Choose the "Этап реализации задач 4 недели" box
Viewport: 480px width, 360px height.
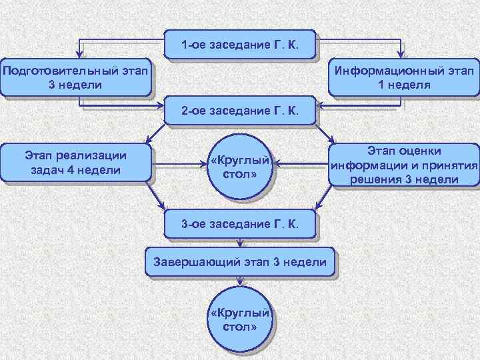(75, 163)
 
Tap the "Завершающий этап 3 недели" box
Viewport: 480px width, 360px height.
(239, 262)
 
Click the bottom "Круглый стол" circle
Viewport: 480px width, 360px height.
(239, 319)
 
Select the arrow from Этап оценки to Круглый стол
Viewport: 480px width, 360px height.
(300, 163)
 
